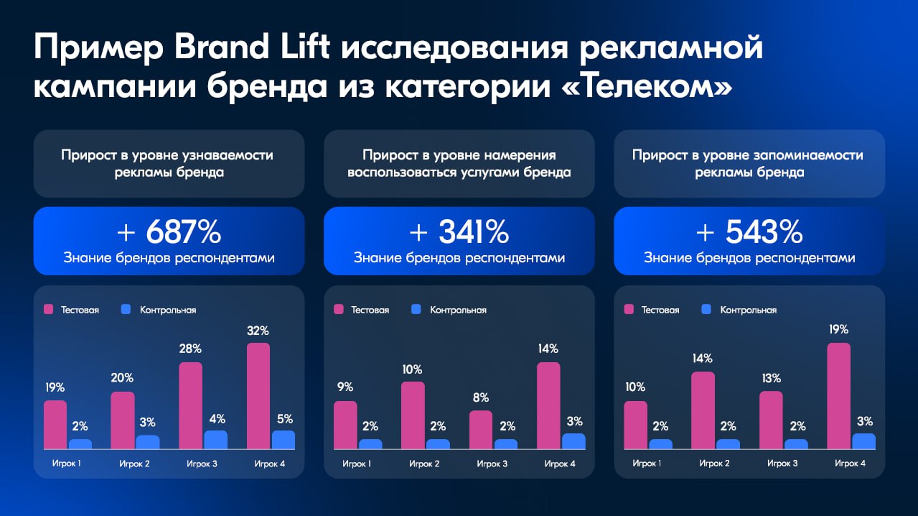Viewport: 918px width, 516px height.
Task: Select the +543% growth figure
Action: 749,232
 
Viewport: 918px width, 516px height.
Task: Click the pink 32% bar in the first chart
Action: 258,396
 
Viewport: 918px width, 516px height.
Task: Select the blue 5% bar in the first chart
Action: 283,440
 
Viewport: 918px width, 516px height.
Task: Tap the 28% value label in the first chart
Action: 190,349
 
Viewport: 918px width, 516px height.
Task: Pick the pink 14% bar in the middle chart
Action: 548,405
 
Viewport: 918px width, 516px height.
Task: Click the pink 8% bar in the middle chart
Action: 481,430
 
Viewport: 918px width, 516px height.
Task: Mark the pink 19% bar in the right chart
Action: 838,396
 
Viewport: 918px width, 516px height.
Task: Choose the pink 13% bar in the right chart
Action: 771,420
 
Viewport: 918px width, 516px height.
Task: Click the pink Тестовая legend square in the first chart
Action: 50,310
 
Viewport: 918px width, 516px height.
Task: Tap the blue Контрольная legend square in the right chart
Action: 706,310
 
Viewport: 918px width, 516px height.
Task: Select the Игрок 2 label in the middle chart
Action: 424,464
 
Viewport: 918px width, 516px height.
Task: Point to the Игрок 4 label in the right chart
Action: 850,464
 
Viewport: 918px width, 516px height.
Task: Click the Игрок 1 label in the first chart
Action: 66,464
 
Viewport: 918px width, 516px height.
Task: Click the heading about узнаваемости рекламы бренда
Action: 168,164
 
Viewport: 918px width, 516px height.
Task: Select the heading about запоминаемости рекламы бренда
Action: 749,164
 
